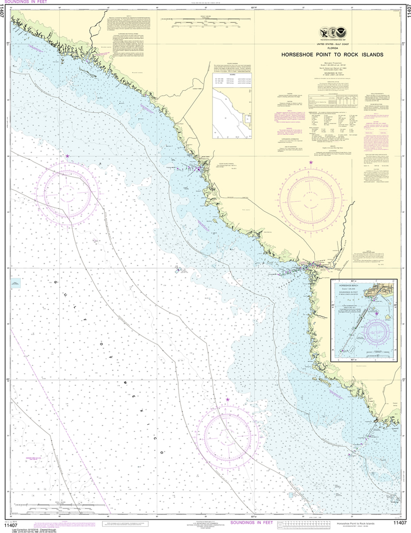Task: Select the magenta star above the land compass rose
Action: [311, 163]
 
